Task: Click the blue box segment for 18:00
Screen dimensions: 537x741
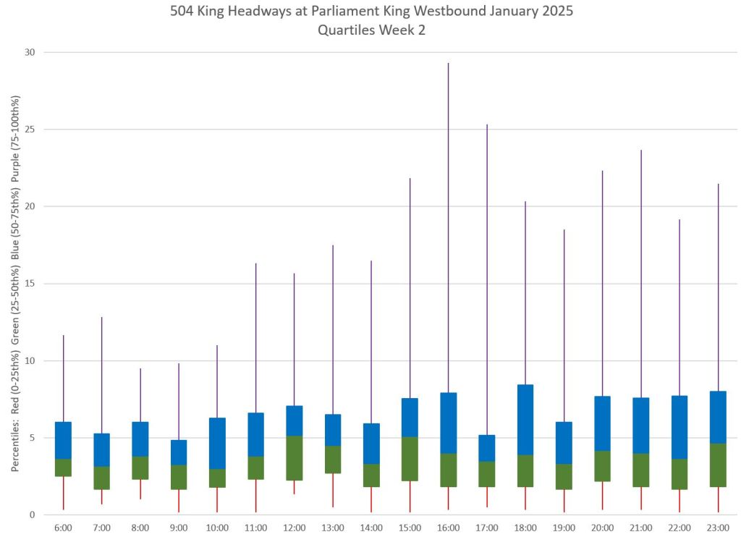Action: click(525, 420)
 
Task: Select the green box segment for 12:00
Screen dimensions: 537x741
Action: click(294, 458)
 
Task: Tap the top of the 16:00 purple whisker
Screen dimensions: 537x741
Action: click(448, 64)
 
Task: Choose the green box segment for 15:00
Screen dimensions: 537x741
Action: click(410, 459)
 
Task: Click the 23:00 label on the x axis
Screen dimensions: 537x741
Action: click(718, 528)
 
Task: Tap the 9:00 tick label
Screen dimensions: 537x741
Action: click(179, 528)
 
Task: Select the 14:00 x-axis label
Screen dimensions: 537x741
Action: click(371, 528)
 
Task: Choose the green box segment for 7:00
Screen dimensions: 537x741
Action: click(101, 478)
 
